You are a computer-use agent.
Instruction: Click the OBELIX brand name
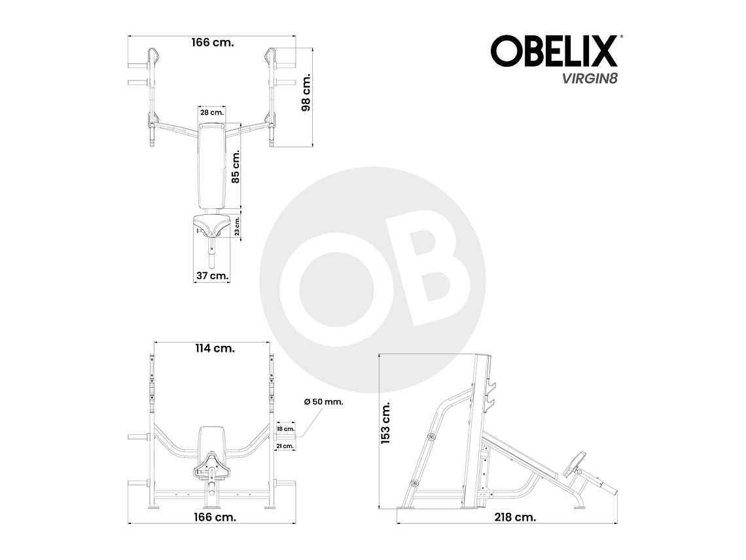[554, 51]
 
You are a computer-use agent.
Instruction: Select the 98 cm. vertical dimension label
[306, 92]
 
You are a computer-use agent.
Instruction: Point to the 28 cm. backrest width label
[211, 113]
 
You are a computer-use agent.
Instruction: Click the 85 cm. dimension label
[236, 166]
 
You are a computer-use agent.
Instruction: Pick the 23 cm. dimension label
[238, 226]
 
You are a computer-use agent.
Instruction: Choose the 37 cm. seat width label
[212, 276]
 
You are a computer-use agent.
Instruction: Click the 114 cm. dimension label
[214, 348]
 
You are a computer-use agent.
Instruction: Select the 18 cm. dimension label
[285, 429]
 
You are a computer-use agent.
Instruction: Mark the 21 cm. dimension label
[285, 445]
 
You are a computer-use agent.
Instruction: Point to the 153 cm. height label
[385, 423]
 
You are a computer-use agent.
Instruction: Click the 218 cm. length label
[516, 517]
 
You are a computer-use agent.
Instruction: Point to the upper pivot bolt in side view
[431, 436]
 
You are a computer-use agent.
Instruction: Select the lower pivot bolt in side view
[414, 483]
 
